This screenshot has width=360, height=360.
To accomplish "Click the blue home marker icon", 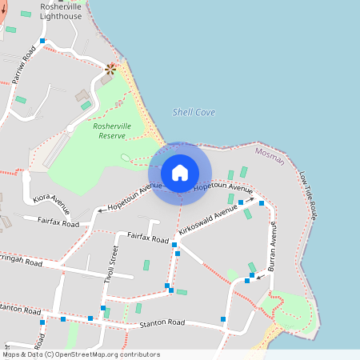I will (180, 173).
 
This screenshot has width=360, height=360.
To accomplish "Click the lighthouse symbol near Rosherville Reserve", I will (110, 69).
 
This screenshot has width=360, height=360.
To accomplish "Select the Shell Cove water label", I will (194, 113).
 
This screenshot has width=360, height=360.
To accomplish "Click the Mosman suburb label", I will (270, 156).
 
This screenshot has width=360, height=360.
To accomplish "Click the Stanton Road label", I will (162, 322).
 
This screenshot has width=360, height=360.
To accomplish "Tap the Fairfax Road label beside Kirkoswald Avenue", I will (148, 238).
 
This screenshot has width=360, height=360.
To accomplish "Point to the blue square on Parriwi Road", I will (42, 40).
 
